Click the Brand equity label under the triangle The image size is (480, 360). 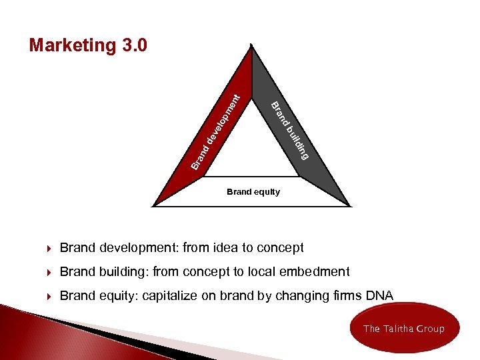253,192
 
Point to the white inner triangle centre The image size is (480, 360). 251,143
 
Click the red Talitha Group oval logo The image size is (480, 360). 404,328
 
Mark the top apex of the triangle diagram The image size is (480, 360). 251,46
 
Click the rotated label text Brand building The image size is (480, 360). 291,130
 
